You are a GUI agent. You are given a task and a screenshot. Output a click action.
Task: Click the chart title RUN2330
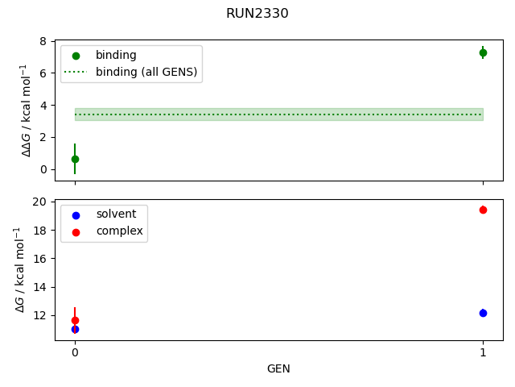[257, 14]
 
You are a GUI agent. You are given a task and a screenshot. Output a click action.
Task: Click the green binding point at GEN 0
[75, 159]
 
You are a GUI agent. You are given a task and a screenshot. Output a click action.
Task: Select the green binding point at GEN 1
[483, 52]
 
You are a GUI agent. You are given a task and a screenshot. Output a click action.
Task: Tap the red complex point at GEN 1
[483, 210]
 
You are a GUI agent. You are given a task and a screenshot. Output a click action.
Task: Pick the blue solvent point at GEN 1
[483, 313]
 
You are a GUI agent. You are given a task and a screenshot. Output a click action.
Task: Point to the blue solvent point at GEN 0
[75, 329]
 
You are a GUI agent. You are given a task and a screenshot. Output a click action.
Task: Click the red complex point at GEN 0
[75, 320]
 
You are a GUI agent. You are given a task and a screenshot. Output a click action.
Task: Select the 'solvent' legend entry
[116, 214]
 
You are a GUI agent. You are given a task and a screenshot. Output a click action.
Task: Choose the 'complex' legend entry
[119, 231]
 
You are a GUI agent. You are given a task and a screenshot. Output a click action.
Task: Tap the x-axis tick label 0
[75, 352]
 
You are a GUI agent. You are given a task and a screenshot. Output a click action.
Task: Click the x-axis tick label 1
[483, 352]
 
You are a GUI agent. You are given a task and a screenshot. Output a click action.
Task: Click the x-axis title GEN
[278, 368]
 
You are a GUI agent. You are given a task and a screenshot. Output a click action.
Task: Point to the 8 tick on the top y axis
[45, 41]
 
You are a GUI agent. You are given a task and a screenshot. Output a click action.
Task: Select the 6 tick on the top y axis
[45, 73]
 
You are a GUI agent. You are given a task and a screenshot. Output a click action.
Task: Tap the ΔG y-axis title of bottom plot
[23, 270]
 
